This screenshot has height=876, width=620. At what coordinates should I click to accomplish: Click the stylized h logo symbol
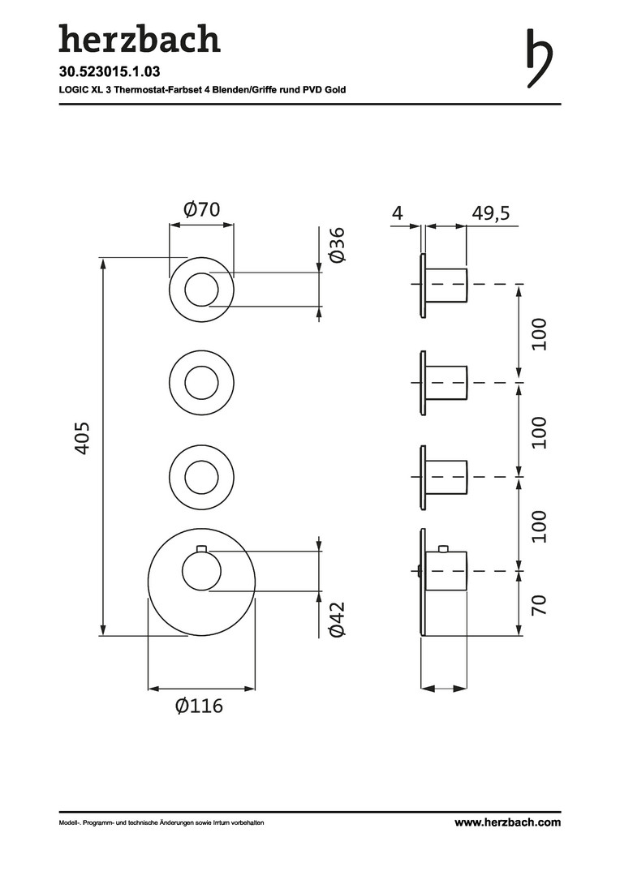(540, 58)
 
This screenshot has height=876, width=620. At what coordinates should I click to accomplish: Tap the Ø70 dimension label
(202, 209)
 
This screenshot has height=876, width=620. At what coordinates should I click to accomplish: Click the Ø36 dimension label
(338, 244)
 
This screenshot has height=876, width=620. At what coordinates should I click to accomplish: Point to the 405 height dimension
(82, 438)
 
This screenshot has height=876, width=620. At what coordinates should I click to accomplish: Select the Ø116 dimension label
(199, 706)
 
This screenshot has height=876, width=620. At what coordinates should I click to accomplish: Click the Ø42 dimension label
(338, 619)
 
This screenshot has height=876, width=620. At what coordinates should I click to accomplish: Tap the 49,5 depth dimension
(490, 213)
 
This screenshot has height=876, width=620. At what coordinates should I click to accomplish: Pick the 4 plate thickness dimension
(398, 213)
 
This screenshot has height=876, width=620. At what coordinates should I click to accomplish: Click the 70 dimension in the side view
(538, 605)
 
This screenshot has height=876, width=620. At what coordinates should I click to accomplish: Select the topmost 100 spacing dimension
(539, 334)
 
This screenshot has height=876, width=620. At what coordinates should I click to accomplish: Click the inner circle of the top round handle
(202, 290)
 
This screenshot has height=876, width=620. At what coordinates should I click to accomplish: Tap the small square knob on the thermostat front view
(202, 547)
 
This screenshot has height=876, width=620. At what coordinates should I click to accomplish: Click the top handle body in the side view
(447, 285)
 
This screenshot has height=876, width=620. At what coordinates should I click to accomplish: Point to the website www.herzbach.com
(507, 822)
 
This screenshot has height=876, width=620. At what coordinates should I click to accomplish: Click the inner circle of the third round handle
(202, 477)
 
